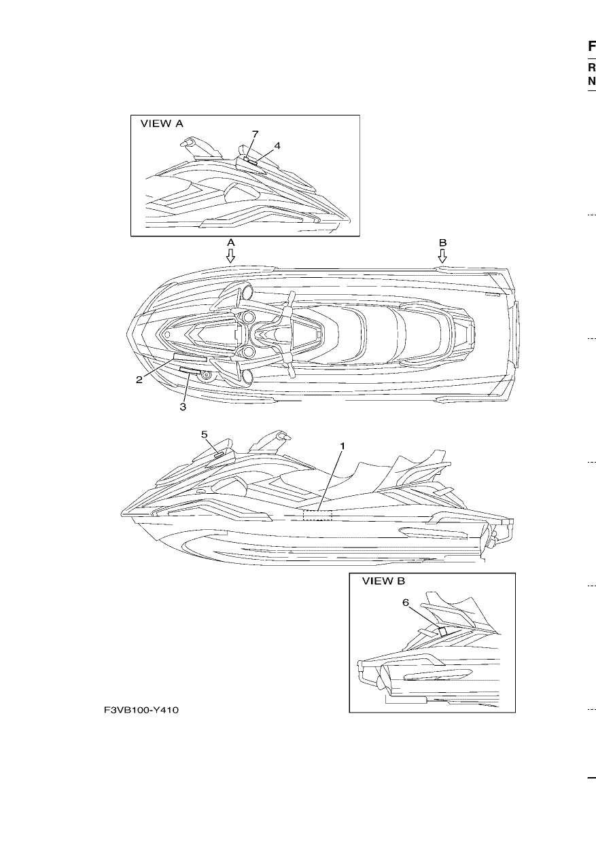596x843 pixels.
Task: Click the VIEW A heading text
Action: tap(162, 124)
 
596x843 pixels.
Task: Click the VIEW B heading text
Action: tap(383, 581)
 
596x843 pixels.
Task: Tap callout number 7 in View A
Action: tap(256, 134)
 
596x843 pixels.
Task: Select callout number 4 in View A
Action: tap(277, 145)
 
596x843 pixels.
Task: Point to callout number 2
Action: tap(139, 380)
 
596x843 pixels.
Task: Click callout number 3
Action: tap(183, 407)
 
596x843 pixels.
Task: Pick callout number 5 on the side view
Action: tap(205, 435)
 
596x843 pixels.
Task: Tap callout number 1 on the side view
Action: tap(343, 446)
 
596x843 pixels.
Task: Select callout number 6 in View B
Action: tap(406, 603)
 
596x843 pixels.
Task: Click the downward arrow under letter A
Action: tap(230, 255)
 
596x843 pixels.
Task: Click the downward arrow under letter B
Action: tap(442, 255)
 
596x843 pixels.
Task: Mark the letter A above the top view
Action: tap(231, 243)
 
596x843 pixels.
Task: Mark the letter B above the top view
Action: tap(443, 243)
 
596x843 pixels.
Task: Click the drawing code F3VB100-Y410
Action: tap(141, 711)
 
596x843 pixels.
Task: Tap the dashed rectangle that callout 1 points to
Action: tap(317, 515)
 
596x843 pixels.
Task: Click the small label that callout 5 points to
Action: tap(219, 455)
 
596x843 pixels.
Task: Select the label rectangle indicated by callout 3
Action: tap(190, 371)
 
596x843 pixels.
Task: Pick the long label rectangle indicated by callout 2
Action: tap(190, 357)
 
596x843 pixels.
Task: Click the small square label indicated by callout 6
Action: tap(442, 631)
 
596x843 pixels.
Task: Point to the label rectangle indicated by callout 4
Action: tap(251, 162)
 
